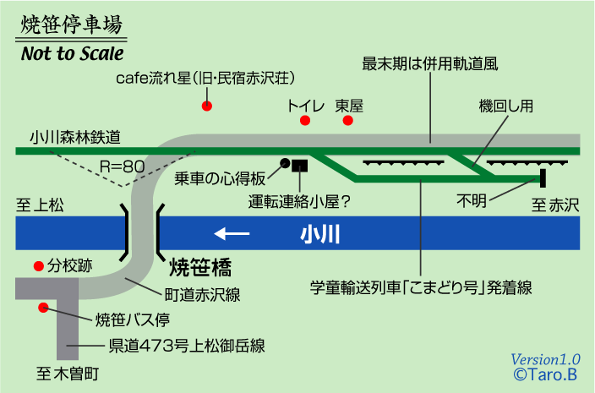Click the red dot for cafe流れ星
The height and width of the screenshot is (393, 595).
click(205, 106)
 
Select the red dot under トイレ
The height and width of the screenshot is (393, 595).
click(305, 121)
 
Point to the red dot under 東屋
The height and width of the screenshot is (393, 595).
click(347, 121)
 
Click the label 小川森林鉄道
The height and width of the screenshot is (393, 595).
click(74, 135)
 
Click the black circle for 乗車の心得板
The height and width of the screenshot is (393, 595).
click(286, 162)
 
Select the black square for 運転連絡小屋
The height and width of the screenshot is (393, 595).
click(299, 166)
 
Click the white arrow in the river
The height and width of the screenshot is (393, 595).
click(232, 233)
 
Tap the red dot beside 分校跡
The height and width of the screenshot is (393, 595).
click(38, 265)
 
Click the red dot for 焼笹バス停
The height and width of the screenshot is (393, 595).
click(43, 308)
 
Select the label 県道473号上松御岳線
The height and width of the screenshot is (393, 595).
click(186, 345)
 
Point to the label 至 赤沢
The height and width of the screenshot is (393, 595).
click(554, 204)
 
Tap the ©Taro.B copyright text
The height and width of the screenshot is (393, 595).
click(545, 373)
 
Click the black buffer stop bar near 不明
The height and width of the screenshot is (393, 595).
click(543, 177)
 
